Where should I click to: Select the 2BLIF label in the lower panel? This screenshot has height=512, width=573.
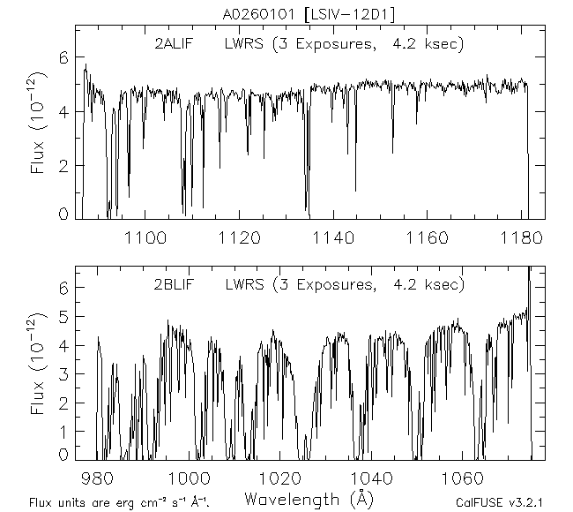(x=173, y=284)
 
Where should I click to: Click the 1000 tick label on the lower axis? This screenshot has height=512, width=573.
(x=189, y=478)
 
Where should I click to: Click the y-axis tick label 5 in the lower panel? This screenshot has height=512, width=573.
(x=62, y=317)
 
